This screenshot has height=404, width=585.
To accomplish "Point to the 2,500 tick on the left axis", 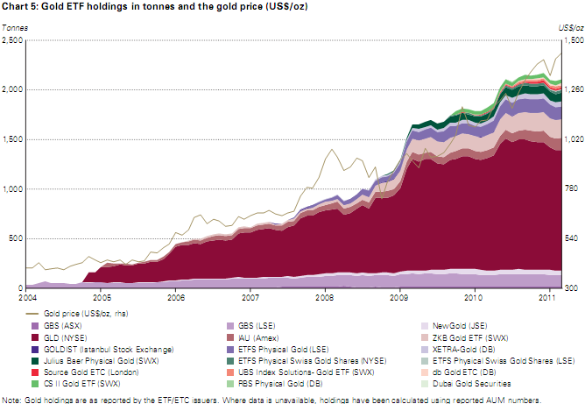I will point(13,40).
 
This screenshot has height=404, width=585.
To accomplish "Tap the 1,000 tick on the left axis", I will point(13,189).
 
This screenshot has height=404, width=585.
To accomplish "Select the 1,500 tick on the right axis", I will point(572,40).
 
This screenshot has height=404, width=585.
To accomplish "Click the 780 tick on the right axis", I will point(569,189).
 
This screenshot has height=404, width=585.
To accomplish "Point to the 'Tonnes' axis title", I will point(15,28).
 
